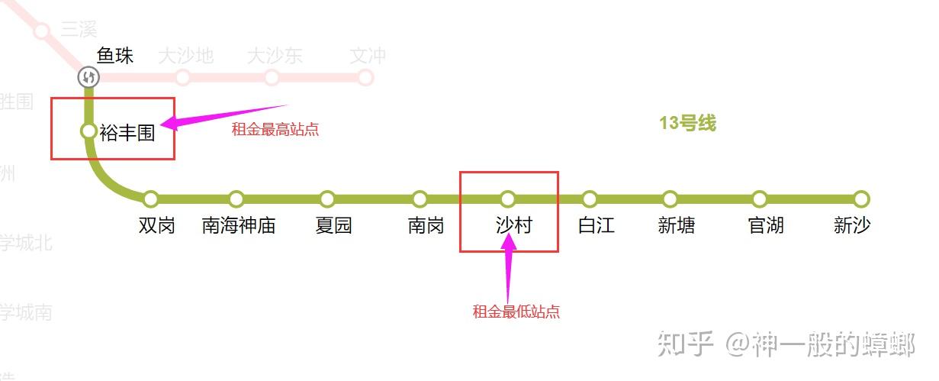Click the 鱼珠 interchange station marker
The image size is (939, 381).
[89, 77]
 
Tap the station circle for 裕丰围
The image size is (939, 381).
[88, 131]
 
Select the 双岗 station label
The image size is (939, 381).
[157, 225]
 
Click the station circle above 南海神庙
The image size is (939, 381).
[236, 199]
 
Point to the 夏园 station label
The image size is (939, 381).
[333, 225]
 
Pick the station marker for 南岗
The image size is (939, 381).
[420, 199]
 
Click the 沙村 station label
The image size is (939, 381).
[513, 225]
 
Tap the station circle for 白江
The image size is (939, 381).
[590, 199]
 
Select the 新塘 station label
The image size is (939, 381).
[677, 225]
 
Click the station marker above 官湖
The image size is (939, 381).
[759, 199]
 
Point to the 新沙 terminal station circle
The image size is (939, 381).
[861, 199]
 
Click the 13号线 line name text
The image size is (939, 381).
[687, 124]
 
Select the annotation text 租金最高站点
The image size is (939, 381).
[275, 130]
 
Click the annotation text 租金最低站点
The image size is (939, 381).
[516, 312]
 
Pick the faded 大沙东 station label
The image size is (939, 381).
[275, 56]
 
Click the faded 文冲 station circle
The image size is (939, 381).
[365, 77]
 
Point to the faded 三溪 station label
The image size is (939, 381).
[79, 30]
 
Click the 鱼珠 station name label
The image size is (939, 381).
[115, 56]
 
